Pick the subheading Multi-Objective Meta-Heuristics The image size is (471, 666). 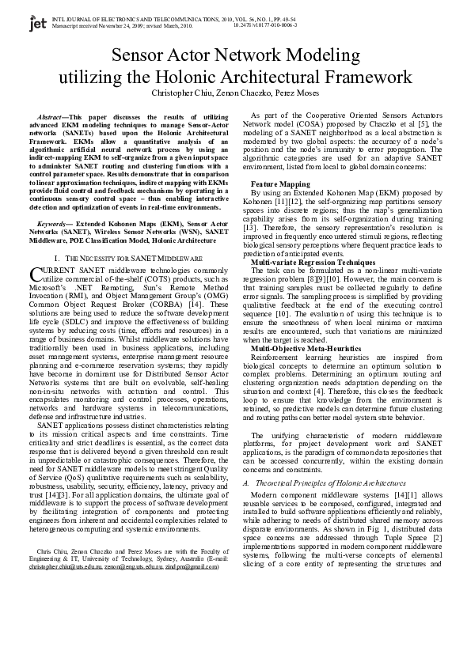point(303,347)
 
